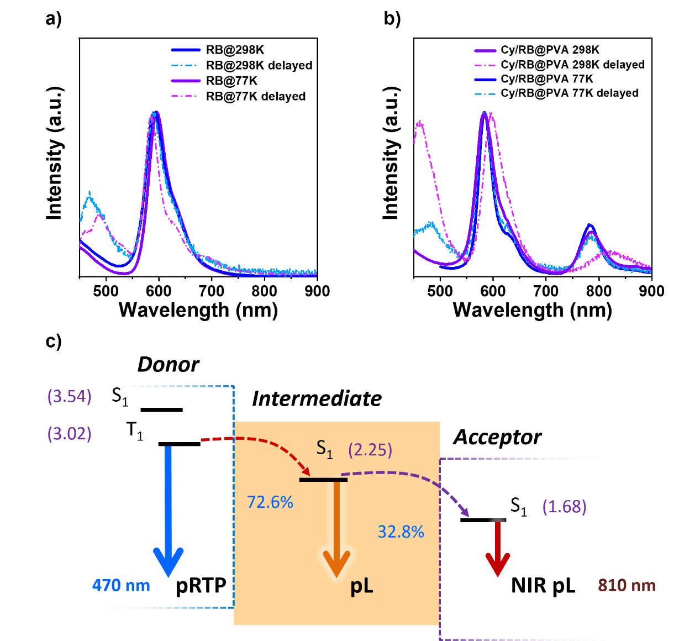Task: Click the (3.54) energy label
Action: pos(70,397)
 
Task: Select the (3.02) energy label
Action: pos(70,434)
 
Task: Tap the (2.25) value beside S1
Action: pos(370,450)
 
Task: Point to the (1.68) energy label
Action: pos(564,506)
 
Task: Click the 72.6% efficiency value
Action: pos(270,502)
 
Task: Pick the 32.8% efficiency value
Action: pos(401,532)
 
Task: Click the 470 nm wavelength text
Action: pos(121,585)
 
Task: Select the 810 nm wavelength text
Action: pos(627,585)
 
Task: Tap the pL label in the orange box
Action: pos(362,586)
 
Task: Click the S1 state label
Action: pos(324,448)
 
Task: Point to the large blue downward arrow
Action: pos(169,514)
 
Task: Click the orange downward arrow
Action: pos(336,530)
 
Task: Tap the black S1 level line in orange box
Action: pos(323,480)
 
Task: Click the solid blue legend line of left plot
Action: pos(186,50)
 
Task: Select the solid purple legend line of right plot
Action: pos(485,51)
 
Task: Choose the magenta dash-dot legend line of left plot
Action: pos(186,96)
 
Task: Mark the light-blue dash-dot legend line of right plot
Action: pos(485,94)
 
